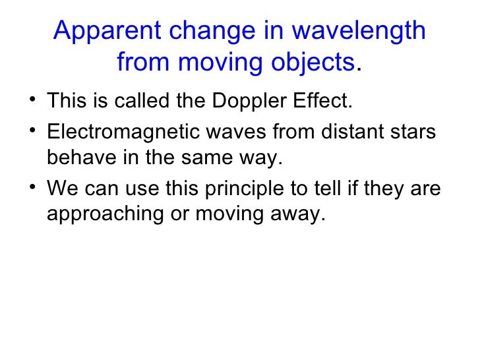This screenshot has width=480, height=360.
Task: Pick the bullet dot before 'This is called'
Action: [x=33, y=101]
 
